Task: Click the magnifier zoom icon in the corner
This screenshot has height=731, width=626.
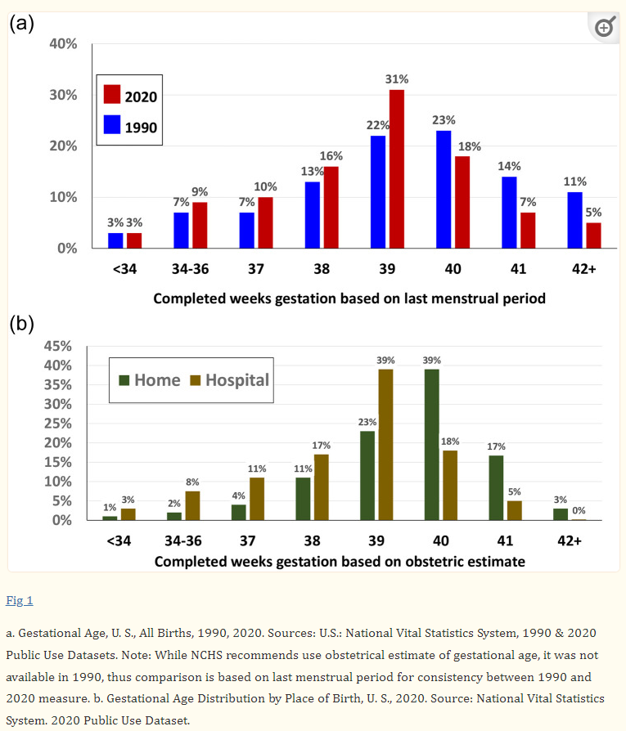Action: coord(603,27)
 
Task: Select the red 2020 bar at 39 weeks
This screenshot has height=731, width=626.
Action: coord(397,168)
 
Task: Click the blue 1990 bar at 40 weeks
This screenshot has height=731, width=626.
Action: coord(444,189)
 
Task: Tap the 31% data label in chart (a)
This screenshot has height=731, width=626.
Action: coord(397,79)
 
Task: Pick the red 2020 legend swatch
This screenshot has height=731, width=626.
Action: coord(112,95)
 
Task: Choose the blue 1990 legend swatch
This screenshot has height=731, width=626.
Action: coord(112,126)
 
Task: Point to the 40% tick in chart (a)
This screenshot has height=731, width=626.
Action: coord(63,44)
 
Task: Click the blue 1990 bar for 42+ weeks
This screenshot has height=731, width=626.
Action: coord(574,220)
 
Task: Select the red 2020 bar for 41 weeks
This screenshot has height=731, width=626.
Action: coord(528,230)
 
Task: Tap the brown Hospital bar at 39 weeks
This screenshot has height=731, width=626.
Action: coord(385,444)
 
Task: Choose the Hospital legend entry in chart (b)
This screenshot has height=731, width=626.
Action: coord(229,380)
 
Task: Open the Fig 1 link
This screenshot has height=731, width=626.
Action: coord(20,600)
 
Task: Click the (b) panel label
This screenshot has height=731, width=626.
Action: coord(21,324)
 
